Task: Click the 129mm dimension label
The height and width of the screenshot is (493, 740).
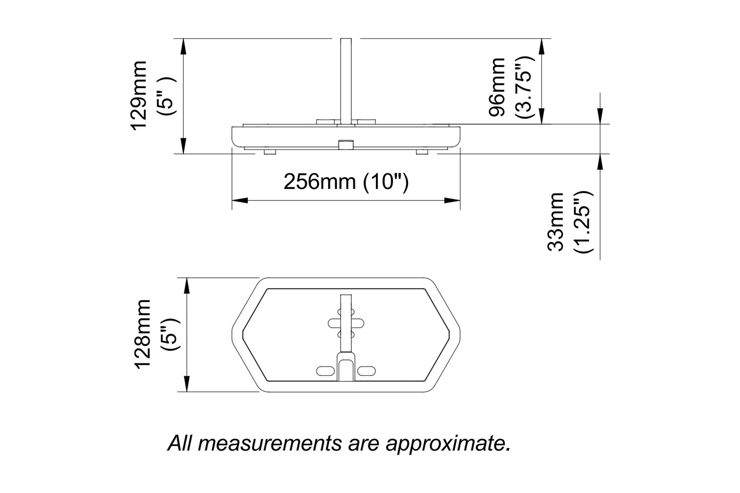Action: coord(139,95)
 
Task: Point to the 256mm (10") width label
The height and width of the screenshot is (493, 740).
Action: coord(346,182)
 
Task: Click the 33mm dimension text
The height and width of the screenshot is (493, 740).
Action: coord(556,222)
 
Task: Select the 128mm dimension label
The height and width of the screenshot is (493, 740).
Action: coord(142,333)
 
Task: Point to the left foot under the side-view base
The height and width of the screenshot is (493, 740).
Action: coord(269,152)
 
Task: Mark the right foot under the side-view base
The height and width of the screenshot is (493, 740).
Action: coord(422,152)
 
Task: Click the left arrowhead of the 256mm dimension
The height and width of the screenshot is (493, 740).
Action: coord(239,200)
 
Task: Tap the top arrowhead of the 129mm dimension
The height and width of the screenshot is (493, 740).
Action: coord(183,46)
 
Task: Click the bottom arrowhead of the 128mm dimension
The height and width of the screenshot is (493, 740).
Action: coord(187,384)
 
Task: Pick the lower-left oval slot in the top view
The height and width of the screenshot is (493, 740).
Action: coord(326,370)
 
